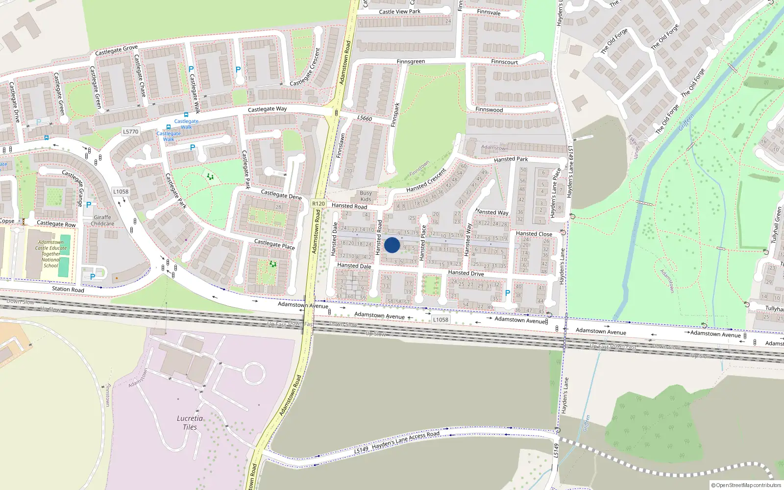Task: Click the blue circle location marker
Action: coord(392,245)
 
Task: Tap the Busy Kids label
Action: coord(366,196)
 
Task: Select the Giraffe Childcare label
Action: coord(102,220)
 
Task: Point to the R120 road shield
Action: coord(318,203)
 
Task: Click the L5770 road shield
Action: coord(130,132)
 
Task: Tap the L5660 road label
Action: coord(365,118)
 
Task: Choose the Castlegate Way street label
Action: coord(267,109)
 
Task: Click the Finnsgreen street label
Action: coord(411,62)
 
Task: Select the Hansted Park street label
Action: coord(511,159)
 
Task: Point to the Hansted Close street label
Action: coord(534,234)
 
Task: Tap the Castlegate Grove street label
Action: coord(116,50)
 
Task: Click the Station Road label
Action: coord(68,289)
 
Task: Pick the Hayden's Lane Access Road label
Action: coord(405,441)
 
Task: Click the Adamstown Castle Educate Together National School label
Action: coord(51,254)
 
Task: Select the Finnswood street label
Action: coord(489,110)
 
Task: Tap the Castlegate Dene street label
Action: coord(281,195)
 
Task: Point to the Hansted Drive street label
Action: coord(465,273)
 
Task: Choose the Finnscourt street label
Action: coord(504,62)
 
